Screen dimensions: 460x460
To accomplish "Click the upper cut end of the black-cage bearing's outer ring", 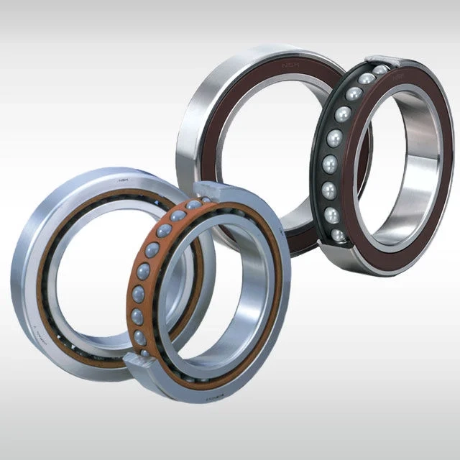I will point(381,60).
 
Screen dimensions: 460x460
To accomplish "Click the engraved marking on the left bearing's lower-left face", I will point(37,333).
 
